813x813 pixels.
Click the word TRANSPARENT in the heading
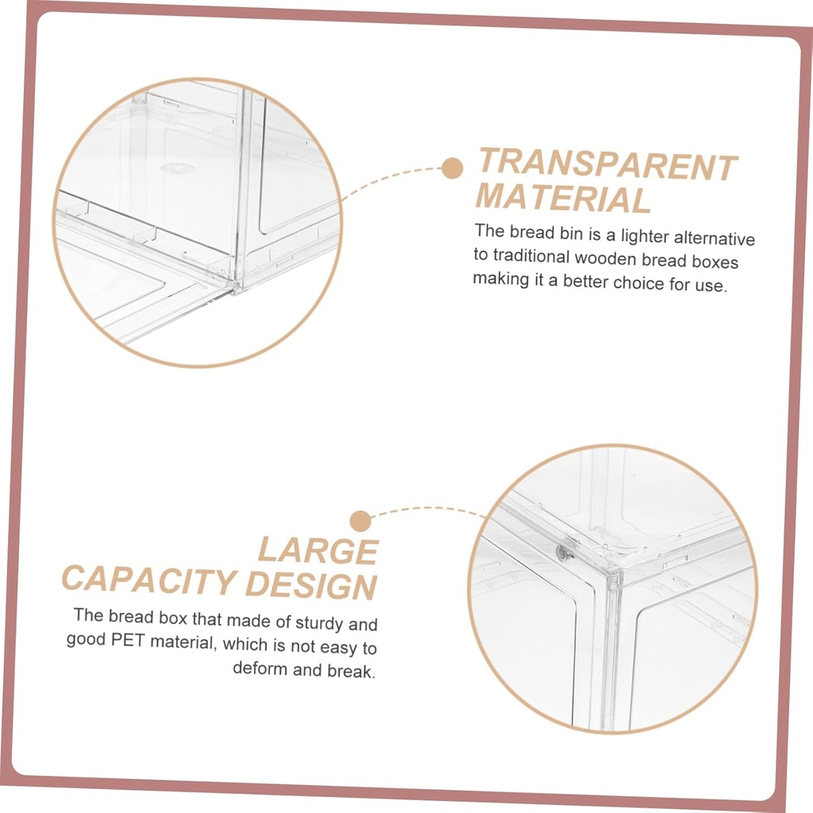tap(607, 164)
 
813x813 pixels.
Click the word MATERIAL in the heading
tap(563, 198)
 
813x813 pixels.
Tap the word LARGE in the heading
tap(318, 551)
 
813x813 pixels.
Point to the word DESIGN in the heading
tap(311, 585)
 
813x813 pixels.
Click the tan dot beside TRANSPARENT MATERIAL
tap(453, 168)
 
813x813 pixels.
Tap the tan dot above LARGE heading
tap(360, 521)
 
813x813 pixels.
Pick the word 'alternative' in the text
tap(715, 238)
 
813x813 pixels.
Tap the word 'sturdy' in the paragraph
tap(320, 622)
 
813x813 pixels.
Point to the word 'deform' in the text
tap(260, 668)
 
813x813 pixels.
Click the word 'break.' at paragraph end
tap(351, 670)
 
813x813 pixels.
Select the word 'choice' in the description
tap(639, 283)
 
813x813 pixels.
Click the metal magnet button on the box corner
tap(564, 553)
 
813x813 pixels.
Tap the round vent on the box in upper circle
tap(178, 168)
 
